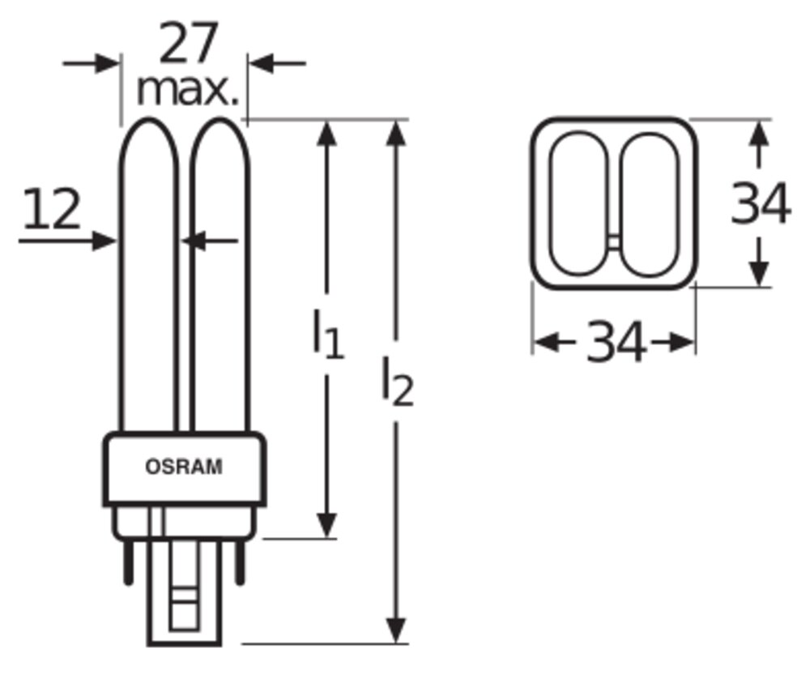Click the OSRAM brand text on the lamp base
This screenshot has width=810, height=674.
tap(184, 467)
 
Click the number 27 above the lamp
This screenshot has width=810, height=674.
tap(188, 43)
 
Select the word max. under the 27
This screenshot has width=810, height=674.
tap(188, 91)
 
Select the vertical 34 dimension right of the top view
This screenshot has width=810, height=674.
tap(761, 203)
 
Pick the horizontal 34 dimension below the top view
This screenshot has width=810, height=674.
tap(616, 341)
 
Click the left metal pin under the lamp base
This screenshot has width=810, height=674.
tap(129, 562)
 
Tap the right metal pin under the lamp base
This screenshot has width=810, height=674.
tap(239, 562)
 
